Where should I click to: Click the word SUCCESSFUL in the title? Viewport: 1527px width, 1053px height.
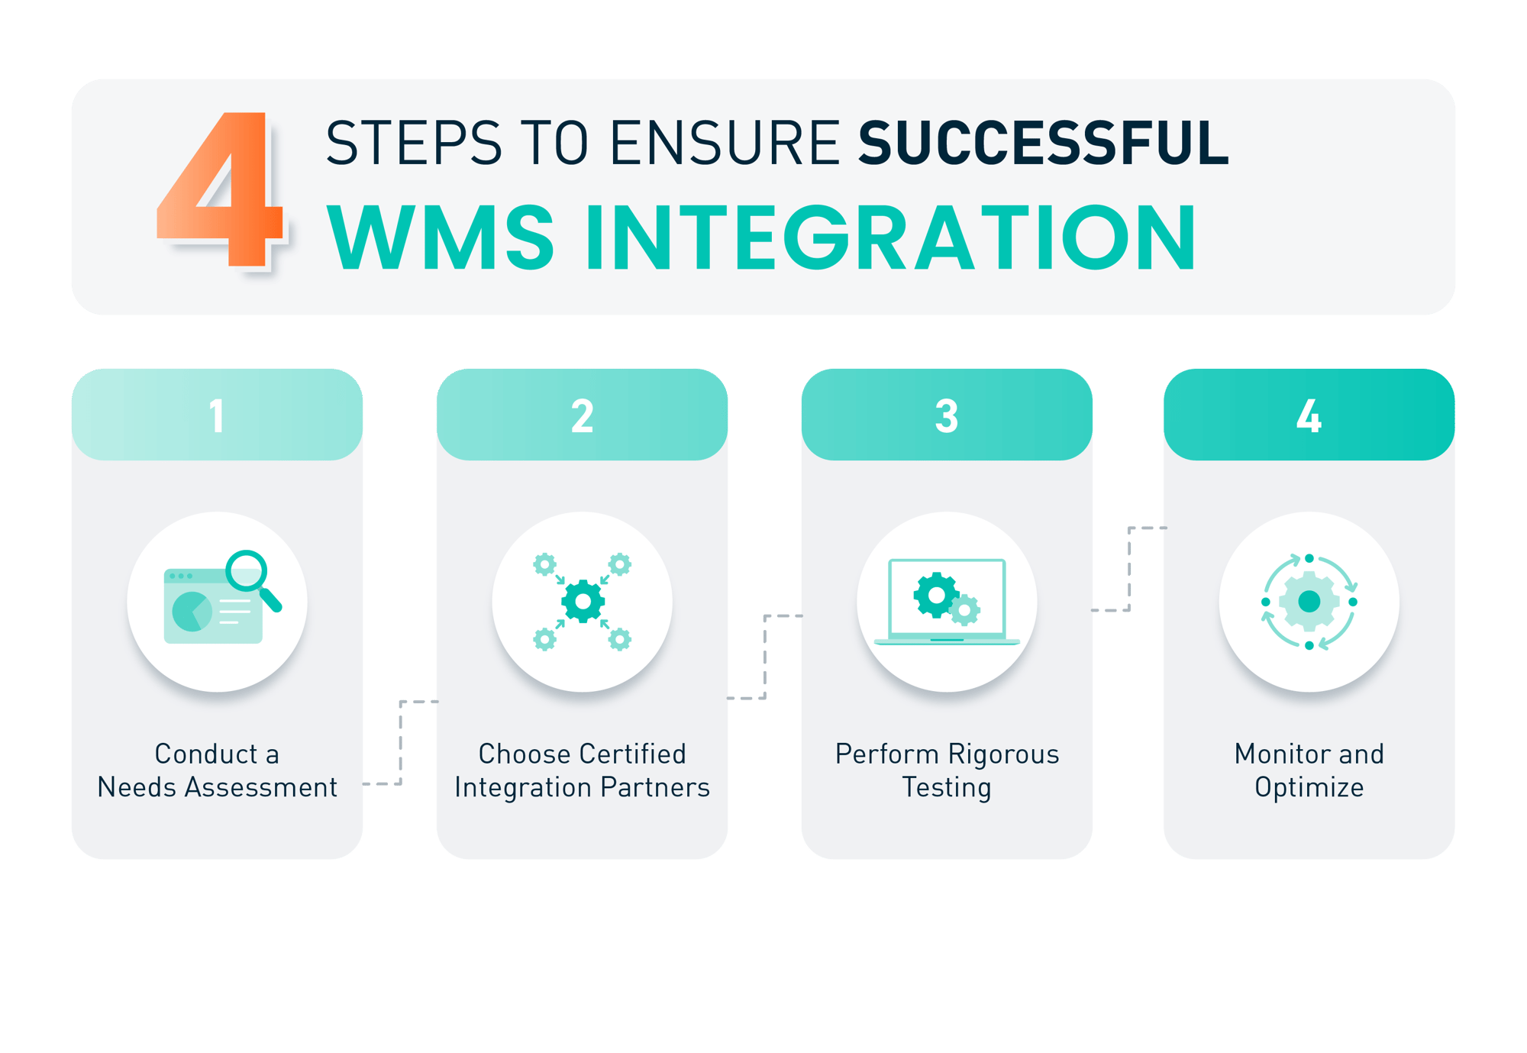pyautogui.click(x=1043, y=144)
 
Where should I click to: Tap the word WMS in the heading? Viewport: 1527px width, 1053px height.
pyautogui.click(x=441, y=237)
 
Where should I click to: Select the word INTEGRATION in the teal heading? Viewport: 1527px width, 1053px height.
pyautogui.click(x=890, y=237)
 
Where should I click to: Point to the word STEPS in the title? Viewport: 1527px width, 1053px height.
pyautogui.click(x=413, y=144)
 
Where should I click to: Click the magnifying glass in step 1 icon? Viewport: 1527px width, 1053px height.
pyautogui.click(x=252, y=577)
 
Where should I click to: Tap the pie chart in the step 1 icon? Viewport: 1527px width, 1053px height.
pyautogui.click(x=192, y=611)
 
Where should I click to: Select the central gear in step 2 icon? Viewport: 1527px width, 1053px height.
pyautogui.click(x=583, y=602)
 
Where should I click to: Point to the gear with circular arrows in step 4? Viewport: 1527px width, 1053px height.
pyautogui.click(x=1309, y=602)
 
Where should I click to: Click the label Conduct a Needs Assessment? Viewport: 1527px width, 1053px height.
pyautogui.click(x=217, y=770)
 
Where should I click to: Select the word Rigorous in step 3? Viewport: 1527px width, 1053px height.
pyautogui.click(x=1003, y=754)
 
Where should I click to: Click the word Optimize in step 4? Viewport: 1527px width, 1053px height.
pyautogui.click(x=1309, y=787)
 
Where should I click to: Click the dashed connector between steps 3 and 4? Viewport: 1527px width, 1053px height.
pyautogui.click(x=1129, y=569)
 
